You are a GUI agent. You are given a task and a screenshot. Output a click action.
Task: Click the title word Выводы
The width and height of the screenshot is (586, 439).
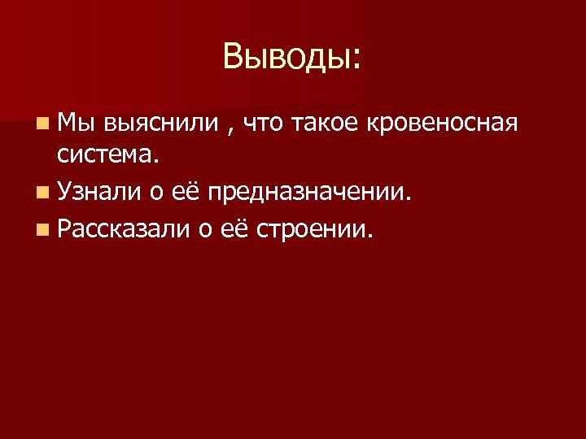[285, 57]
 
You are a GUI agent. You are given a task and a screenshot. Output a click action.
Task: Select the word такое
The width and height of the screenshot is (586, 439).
[329, 124]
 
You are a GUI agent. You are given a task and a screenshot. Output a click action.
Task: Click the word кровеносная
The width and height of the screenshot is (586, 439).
[443, 124]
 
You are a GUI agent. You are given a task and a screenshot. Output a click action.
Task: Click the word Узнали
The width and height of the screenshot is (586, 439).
[98, 193]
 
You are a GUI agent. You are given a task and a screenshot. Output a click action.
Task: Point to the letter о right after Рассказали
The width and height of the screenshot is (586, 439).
[205, 232]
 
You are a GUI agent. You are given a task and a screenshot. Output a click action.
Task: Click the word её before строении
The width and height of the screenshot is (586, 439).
[236, 230]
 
